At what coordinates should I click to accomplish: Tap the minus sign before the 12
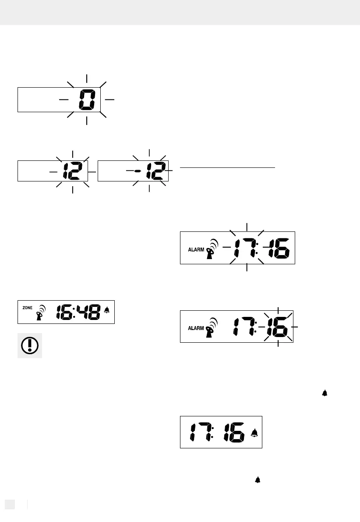coord(138,170)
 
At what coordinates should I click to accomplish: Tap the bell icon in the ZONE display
coord(107,311)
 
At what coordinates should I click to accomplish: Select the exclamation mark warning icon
coord(30,346)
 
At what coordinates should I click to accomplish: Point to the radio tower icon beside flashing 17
coord(212,249)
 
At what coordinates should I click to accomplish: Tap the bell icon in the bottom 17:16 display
coord(254,433)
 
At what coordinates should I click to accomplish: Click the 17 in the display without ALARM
coord(200,432)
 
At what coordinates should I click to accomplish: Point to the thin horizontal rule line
coord(227,167)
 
